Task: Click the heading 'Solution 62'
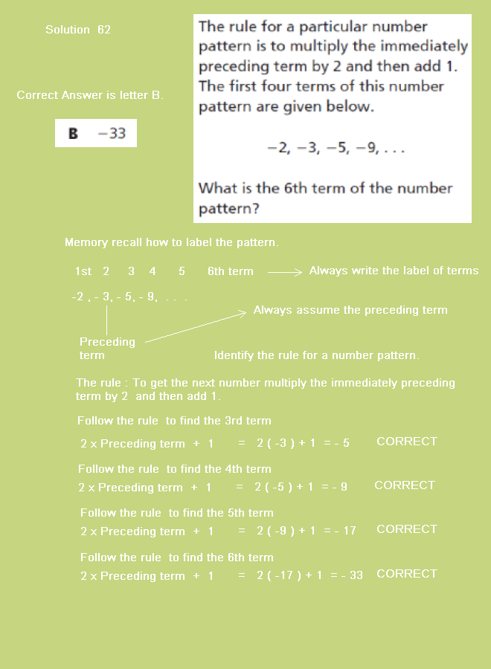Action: tap(78, 30)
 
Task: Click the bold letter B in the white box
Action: tap(73, 134)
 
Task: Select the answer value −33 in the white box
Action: tap(112, 134)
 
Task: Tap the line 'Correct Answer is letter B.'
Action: tap(90, 95)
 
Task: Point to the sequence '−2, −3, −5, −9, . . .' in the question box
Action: tap(336, 148)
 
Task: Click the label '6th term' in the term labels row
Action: tap(230, 271)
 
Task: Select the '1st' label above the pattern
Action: tap(83, 271)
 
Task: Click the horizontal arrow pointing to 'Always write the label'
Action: tap(285, 272)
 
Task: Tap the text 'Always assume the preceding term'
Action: tap(350, 310)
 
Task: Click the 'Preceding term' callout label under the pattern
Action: tap(107, 348)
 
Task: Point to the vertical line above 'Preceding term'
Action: tap(106, 318)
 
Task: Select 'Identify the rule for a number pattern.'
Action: tap(316, 355)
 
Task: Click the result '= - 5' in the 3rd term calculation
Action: tap(336, 443)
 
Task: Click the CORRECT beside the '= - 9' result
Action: tap(404, 485)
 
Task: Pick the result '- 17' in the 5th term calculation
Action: tap(345, 531)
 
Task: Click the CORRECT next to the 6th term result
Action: tap(406, 574)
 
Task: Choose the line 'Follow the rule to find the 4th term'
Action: tap(175, 469)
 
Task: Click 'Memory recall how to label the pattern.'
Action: tap(171, 243)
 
